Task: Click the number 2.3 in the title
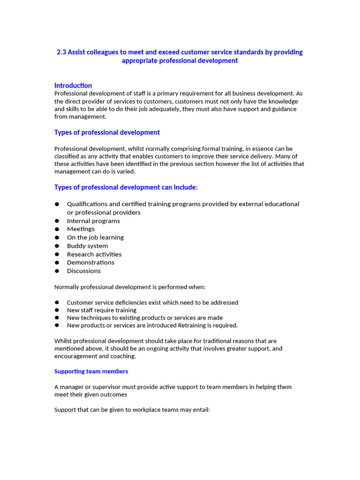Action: pyautogui.click(x=61, y=52)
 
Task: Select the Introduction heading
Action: pyautogui.click(x=73, y=85)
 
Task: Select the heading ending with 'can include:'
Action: pyautogui.click(x=126, y=187)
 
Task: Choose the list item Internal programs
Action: pyautogui.click(x=93, y=221)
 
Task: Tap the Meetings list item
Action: pyautogui.click(x=81, y=229)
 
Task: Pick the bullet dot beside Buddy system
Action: pyautogui.click(x=57, y=246)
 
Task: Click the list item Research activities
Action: pyautogui.click(x=94, y=254)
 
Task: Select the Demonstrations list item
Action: pyautogui.click(x=90, y=262)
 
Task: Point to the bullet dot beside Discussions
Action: pyautogui.click(x=57, y=271)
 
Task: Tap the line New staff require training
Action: pyautogui.click(x=102, y=310)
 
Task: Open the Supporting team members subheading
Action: pyautogui.click(x=91, y=371)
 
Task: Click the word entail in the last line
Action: pyautogui.click(x=199, y=409)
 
